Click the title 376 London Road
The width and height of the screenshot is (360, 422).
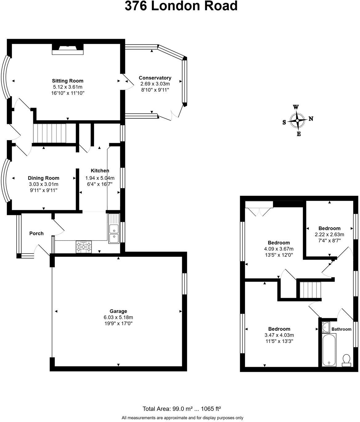(181, 6)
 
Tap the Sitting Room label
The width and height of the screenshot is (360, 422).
(67, 81)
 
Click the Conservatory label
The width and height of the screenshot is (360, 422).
(155, 78)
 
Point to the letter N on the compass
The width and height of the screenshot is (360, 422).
(311, 119)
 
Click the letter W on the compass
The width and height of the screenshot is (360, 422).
(296, 107)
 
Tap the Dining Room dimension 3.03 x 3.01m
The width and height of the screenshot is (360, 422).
(43, 184)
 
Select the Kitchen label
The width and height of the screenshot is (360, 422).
(100, 171)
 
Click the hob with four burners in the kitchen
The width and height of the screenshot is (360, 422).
(84, 246)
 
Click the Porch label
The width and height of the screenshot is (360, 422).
(36, 233)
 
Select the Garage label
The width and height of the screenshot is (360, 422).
(118, 311)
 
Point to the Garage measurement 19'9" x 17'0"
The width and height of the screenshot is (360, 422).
(118, 323)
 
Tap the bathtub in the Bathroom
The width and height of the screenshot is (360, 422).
(329, 350)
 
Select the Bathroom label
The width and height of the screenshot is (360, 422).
(341, 329)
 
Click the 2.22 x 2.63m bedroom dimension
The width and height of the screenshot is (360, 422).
(329, 234)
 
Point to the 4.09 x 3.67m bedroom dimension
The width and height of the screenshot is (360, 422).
(279, 249)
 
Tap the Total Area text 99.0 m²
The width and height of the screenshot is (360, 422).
(168, 409)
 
